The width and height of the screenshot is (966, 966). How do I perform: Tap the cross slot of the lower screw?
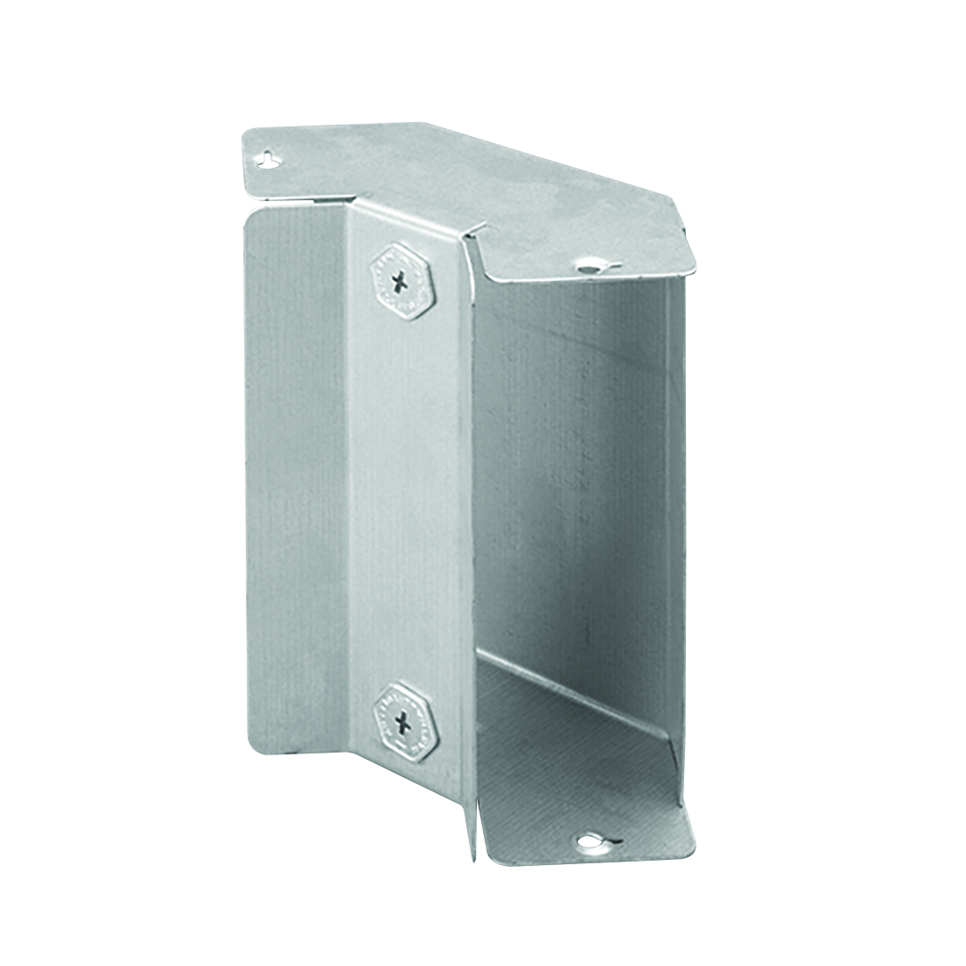point(403,724)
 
